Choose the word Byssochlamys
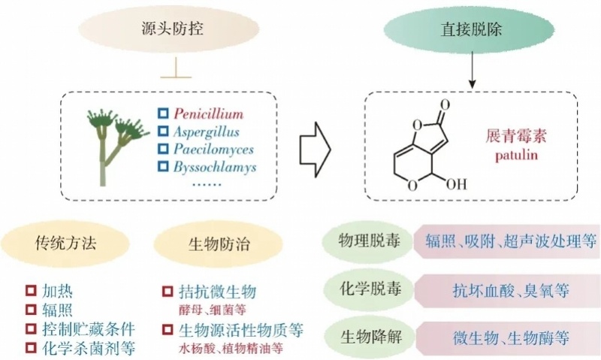[x=215, y=166]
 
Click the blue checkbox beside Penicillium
[x=162, y=114]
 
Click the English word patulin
[x=512, y=156]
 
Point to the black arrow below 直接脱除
[x=471, y=74]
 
